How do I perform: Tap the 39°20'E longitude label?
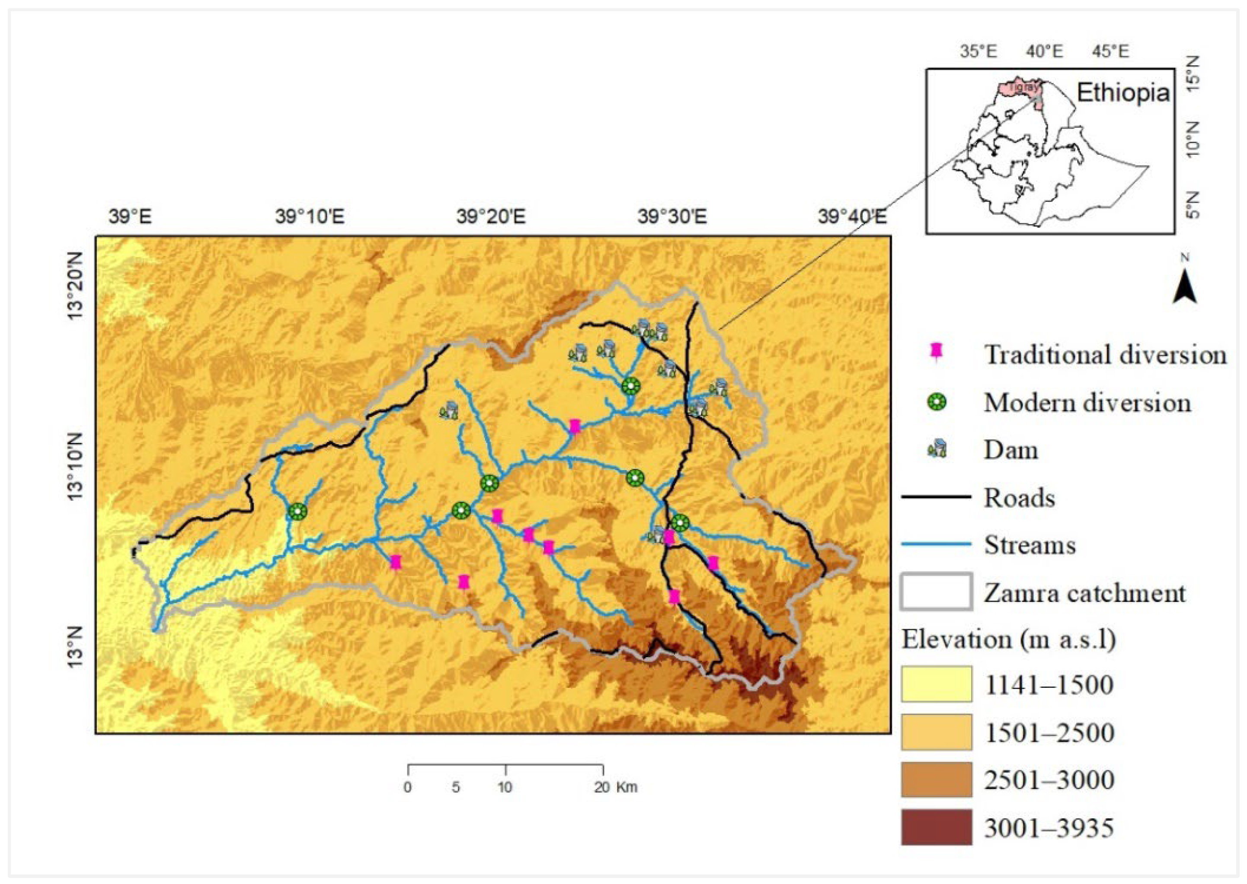(x=491, y=217)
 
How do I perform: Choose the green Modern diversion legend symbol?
(x=937, y=403)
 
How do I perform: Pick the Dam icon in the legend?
(x=937, y=450)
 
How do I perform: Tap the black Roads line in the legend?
(x=936, y=496)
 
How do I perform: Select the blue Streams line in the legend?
(x=936, y=544)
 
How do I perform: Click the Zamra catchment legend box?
(x=936, y=591)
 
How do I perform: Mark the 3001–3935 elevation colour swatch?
(x=936, y=827)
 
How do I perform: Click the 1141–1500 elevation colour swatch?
(x=936, y=684)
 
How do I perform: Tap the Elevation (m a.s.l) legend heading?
(x=1008, y=639)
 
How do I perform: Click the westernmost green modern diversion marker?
(x=297, y=511)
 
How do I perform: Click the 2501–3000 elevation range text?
(x=1049, y=779)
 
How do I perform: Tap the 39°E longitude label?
(x=130, y=217)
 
